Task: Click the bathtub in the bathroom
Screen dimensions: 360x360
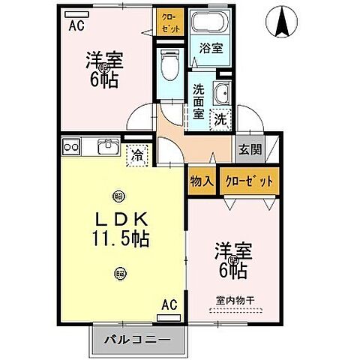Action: pyautogui.click(x=210, y=23)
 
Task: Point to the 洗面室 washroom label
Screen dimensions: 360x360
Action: pyautogui.click(x=199, y=101)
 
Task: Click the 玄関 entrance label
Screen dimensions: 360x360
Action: pyautogui.click(x=250, y=149)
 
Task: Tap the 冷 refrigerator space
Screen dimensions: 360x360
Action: pyautogui.click(x=137, y=156)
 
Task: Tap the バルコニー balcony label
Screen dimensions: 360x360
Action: pyautogui.click(x=136, y=340)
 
